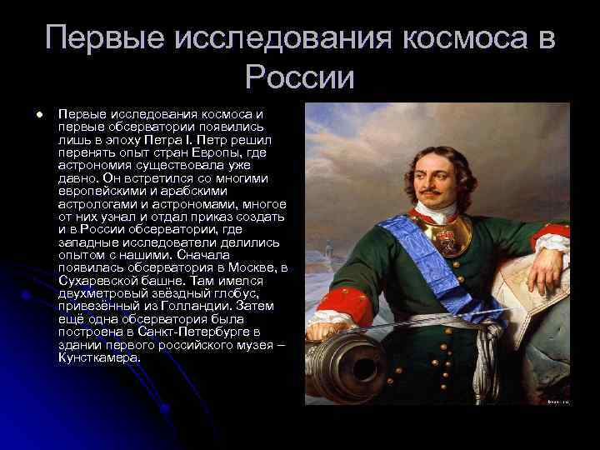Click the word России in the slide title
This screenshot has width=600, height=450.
tap(300, 77)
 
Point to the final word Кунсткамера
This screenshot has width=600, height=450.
tap(100, 357)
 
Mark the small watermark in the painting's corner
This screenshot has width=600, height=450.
tap(556, 400)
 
